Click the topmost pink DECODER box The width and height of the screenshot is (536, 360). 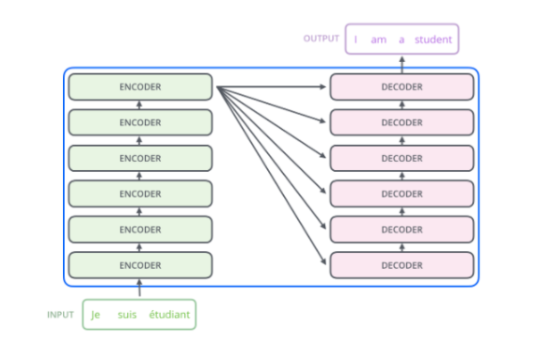[402, 87]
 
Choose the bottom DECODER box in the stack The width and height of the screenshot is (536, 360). [402, 265]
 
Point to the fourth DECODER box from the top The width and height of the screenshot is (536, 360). [402, 194]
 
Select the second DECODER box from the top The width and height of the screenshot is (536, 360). [402, 122]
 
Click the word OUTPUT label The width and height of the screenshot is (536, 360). [320, 39]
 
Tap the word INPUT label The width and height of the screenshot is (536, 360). [60, 314]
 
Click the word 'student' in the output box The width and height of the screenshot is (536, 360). [434, 39]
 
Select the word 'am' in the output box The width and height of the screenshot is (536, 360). [378, 39]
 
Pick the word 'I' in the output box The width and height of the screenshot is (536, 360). [356, 39]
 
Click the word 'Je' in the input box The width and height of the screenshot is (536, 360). [96, 314]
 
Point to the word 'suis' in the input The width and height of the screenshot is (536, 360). [127, 314]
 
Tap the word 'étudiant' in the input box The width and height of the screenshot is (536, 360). [169, 314]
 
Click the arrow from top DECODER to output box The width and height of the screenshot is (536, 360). [402, 63]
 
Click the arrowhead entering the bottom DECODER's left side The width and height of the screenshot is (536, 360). [324, 264]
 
